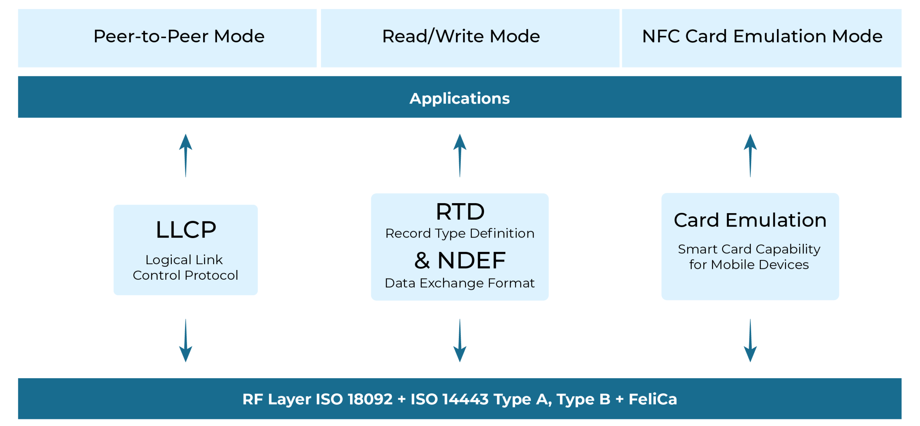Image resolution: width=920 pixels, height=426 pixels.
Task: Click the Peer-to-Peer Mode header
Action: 179,36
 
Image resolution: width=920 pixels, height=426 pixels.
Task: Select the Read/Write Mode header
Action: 461,36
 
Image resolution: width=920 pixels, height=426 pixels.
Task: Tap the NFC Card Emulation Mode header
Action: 762,36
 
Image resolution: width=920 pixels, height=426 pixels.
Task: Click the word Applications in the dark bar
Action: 459,98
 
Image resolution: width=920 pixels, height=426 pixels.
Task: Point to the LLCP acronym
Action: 186,230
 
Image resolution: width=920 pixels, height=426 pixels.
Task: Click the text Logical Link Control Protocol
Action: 185,267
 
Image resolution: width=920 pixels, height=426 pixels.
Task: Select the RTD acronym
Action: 460,211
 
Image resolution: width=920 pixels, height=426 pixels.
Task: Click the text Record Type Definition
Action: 460,233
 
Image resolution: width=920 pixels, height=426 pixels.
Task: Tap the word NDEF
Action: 471,260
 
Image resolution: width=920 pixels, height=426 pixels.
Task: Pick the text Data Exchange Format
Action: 460,283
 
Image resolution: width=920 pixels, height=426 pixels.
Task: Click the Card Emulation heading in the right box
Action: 750,220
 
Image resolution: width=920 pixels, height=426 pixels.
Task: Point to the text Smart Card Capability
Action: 749,249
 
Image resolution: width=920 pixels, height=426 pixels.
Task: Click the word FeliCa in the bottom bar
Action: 653,399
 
